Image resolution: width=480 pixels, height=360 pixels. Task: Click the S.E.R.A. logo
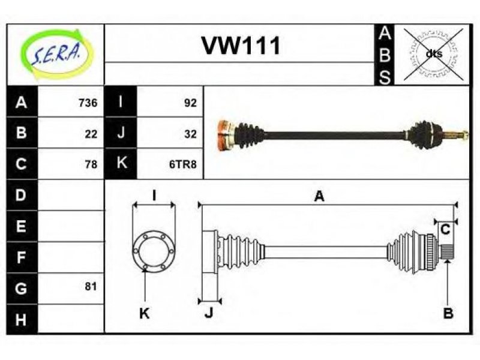point(56,54)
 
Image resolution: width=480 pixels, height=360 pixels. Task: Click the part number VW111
point(241,46)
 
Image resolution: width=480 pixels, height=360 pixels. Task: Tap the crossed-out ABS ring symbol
point(433,54)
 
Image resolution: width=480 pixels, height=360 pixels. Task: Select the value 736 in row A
point(88,103)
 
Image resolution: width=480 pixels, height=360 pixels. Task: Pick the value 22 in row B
point(91,134)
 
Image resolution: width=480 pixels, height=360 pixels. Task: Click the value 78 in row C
point(91,164)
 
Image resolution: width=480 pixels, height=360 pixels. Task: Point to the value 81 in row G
point(91,287)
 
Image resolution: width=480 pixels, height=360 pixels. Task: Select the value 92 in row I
point(190,103)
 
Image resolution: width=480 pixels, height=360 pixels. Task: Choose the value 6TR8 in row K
point(183,164)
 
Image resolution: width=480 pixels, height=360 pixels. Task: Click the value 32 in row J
point(190,134)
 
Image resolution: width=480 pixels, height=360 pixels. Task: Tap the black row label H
point(22,319)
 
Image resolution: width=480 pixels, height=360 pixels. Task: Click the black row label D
point(22,194)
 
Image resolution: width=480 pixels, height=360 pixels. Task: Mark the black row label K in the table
point(121,163)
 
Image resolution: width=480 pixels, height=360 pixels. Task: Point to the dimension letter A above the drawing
point(319,196)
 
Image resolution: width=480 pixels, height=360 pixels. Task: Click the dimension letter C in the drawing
point(445,229)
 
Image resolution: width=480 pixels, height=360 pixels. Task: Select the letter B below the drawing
point(448,313)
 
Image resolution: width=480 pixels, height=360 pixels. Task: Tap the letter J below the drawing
point(209,313)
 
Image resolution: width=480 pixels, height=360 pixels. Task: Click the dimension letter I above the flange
point(154,196)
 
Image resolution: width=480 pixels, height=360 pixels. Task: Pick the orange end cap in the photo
point(225,134)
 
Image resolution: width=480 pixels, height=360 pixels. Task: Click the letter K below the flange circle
point(145,313)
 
